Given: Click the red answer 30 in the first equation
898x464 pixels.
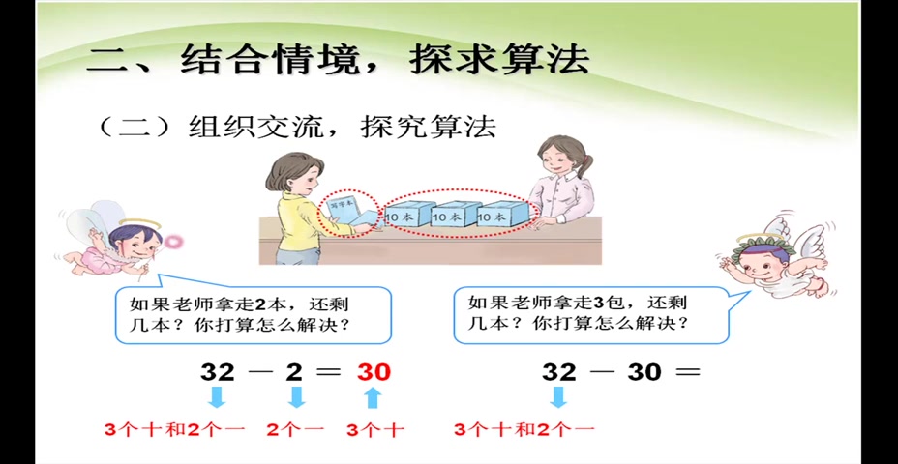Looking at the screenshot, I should [374, 371].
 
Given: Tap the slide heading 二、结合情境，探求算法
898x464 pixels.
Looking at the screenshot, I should [338, 59].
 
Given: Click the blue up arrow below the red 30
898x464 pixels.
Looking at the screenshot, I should [374, 397].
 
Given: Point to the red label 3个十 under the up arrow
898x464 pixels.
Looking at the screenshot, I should [374, 428].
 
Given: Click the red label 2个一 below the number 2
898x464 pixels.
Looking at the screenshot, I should [296, 428].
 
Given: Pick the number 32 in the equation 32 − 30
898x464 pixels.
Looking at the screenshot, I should [558, 371].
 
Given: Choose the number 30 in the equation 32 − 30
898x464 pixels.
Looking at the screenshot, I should [644, 371].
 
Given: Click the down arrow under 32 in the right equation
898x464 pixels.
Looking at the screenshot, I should [558, 397].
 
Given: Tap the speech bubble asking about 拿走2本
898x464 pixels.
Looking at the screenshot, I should [254, 314].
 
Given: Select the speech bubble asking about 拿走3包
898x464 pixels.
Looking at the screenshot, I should [590, 314].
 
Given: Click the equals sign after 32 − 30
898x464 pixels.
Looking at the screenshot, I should [687, 371].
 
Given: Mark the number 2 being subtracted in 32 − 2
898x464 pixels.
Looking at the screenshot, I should [296, 371].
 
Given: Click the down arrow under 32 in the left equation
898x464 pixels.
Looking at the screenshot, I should [218, 397].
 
